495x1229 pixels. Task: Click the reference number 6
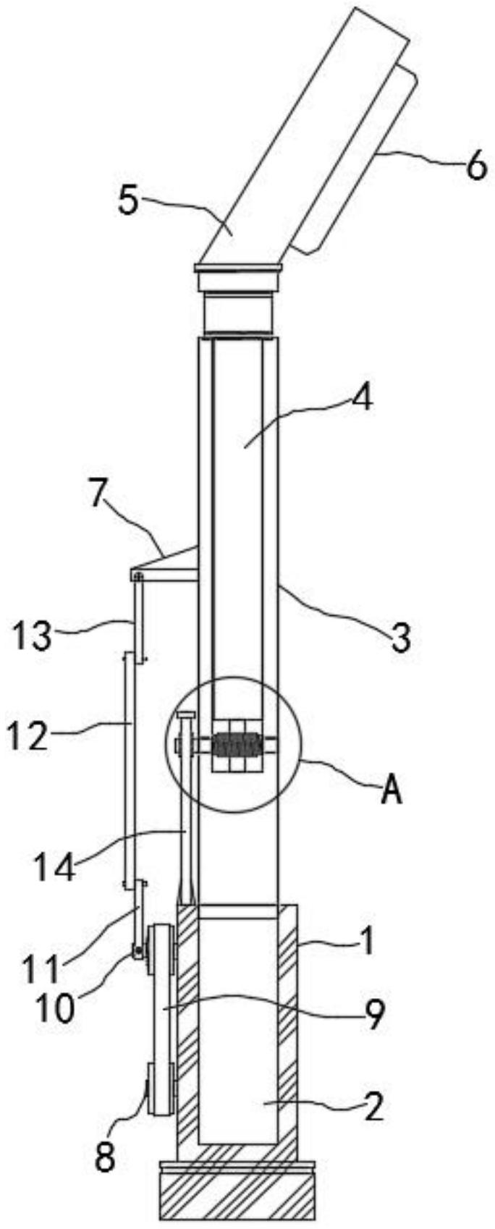pos(475,168)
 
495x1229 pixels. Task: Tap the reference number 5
pos(128,200)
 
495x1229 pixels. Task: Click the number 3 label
pos(402,638)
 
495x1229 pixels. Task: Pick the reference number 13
pos(31,637)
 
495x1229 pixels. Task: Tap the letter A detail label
pos(391,792)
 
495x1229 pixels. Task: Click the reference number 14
pos(54,867)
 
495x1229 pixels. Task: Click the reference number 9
pos(373,1016)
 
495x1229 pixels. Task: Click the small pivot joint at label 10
pos(135,955)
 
